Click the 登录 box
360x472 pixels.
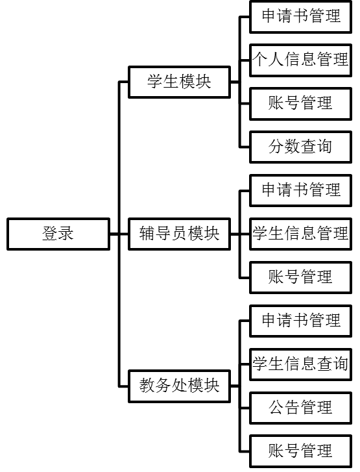[58, 234]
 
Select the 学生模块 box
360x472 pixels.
[179, 82]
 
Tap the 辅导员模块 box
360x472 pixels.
[179, 234]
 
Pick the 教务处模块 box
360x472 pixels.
[179, 386]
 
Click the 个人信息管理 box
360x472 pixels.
[300, 60]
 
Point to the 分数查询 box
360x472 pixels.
[300, 147]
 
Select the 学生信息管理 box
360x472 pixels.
[300, 234]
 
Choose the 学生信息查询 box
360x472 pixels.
[300, 364]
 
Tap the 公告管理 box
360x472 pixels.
[300, 408]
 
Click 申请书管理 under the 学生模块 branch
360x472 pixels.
[300, 17]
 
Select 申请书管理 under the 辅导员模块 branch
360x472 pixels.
[300, 190]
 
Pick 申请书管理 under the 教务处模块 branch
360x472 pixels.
[300, 321]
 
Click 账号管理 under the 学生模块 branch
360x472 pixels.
[300, 103]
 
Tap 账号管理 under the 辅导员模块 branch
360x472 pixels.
[300, 277]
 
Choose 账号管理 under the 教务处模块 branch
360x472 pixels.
[300, 451]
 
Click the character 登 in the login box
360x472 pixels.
[50, 234]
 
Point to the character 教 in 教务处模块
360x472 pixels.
[147, 386]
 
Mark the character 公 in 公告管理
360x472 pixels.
[276, 407]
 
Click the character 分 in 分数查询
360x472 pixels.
[276, 147]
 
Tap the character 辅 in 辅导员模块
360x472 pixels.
[147, 234]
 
